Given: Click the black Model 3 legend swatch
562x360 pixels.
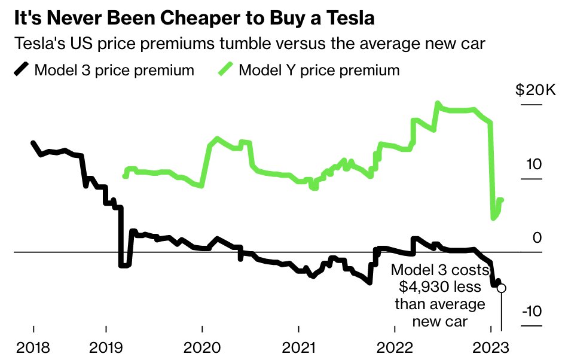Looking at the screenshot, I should [x=21, y=70].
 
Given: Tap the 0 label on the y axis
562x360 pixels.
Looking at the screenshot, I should [x=537, y=238].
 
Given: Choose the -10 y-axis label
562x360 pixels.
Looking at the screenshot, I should [x=530, y=312].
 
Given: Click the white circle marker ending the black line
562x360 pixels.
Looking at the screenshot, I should [x=501, y=288].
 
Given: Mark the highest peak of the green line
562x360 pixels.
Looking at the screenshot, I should [x=437, y=103].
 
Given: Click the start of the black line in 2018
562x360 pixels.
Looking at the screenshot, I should [x=33, y=143].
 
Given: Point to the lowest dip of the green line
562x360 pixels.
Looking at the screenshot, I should [x=493, y=218].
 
